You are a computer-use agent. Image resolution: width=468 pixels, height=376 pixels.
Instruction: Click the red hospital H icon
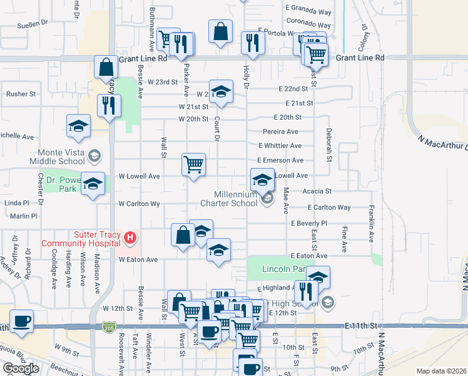click(x=130, y=238)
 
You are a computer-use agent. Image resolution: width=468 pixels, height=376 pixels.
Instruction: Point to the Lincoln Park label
click(x=276, y=269)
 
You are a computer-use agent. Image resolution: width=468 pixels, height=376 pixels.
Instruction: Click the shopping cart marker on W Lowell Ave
click(x=194, y=164)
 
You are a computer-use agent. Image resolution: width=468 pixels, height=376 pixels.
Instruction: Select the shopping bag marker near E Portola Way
click(x=221, y=31)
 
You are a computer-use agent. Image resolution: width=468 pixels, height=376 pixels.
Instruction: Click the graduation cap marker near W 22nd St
click(x=221, y=91)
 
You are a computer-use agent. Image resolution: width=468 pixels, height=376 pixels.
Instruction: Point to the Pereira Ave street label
click(x=280, y=132)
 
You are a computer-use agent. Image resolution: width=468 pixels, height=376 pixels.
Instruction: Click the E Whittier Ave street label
click(x=280, y=145)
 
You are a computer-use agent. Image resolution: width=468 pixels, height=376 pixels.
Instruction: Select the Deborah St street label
click(x=328, y=144)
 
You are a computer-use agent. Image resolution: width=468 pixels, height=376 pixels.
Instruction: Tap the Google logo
click(x=20, y=368)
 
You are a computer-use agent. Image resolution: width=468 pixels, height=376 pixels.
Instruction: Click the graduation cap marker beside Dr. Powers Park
click(x=93, y=183)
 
